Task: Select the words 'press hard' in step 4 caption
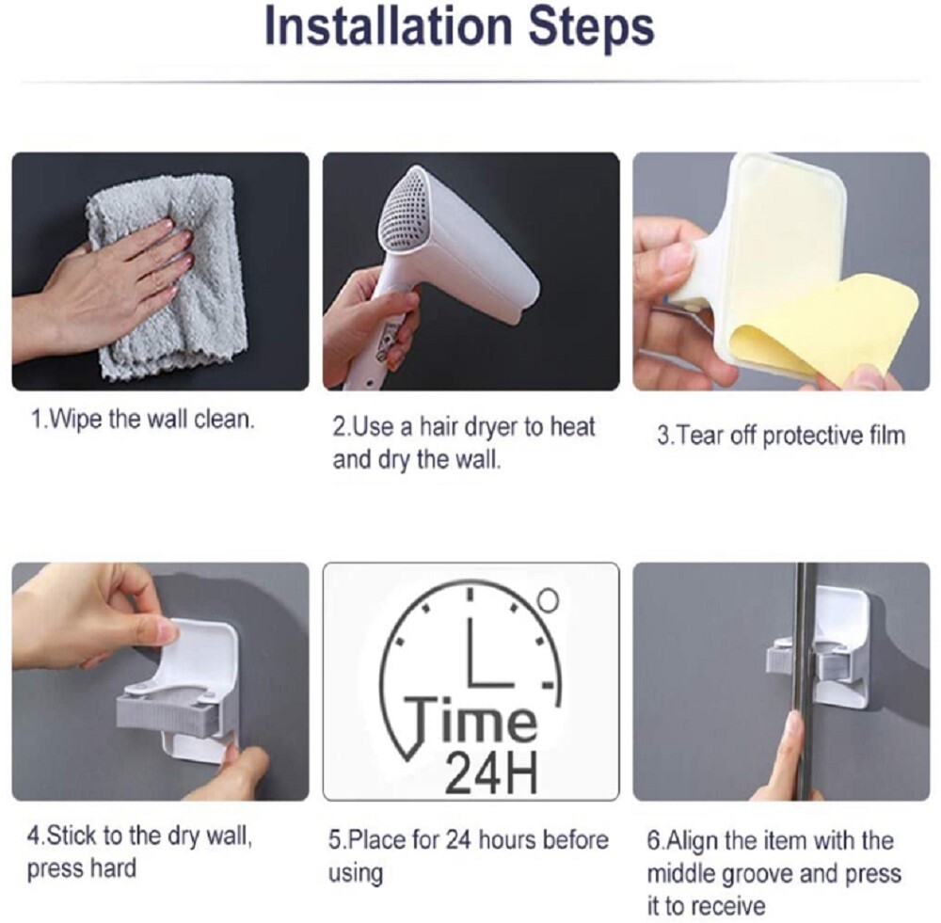click(81, 867)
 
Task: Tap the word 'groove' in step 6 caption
click(765, 873)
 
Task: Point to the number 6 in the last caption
click(652, 839)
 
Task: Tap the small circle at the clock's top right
click(550, 597)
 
